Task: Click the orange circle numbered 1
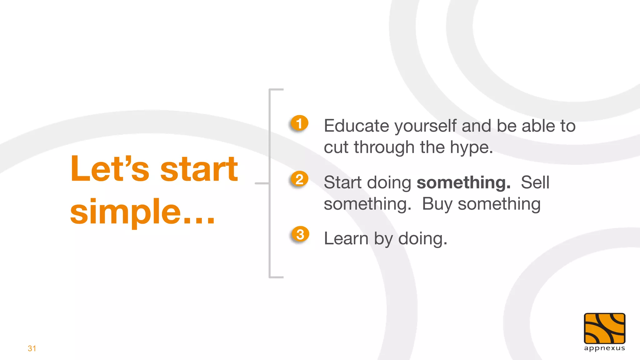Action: point(299,123)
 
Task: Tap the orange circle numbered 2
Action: point(299,179)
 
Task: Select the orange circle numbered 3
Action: point(300,234)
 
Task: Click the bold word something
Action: point(463,182)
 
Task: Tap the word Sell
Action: point(535,182)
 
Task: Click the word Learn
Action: point(346,239)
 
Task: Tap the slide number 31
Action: point(32,348)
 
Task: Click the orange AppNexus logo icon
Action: point(604,328)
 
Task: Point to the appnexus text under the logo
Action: point(604,348)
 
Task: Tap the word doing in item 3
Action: point(422,239)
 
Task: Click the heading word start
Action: point(199,169)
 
